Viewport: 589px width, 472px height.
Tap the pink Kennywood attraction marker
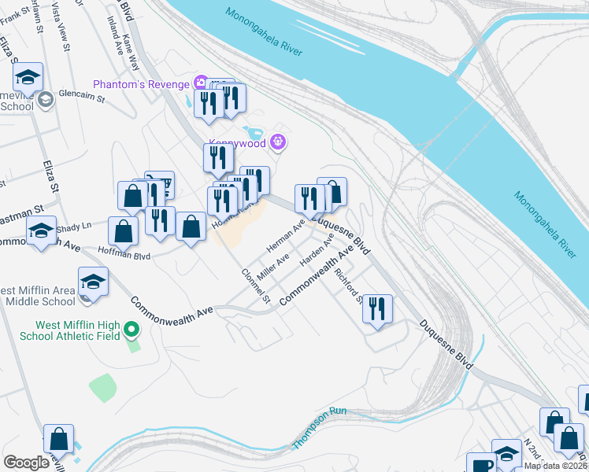coord(276,142)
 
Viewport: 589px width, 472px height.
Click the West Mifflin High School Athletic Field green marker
coord(132,330)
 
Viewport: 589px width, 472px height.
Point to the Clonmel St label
coord(256,286)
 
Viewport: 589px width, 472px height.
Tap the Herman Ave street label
coord(285,236)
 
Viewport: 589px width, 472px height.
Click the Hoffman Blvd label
coord(124,253)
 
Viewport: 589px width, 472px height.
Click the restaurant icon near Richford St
coord(377,308)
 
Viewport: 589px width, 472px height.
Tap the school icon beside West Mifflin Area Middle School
coord(93,282)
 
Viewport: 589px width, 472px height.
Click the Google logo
coord(26,463)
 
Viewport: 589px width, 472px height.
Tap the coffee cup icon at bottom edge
coord(480,463)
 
